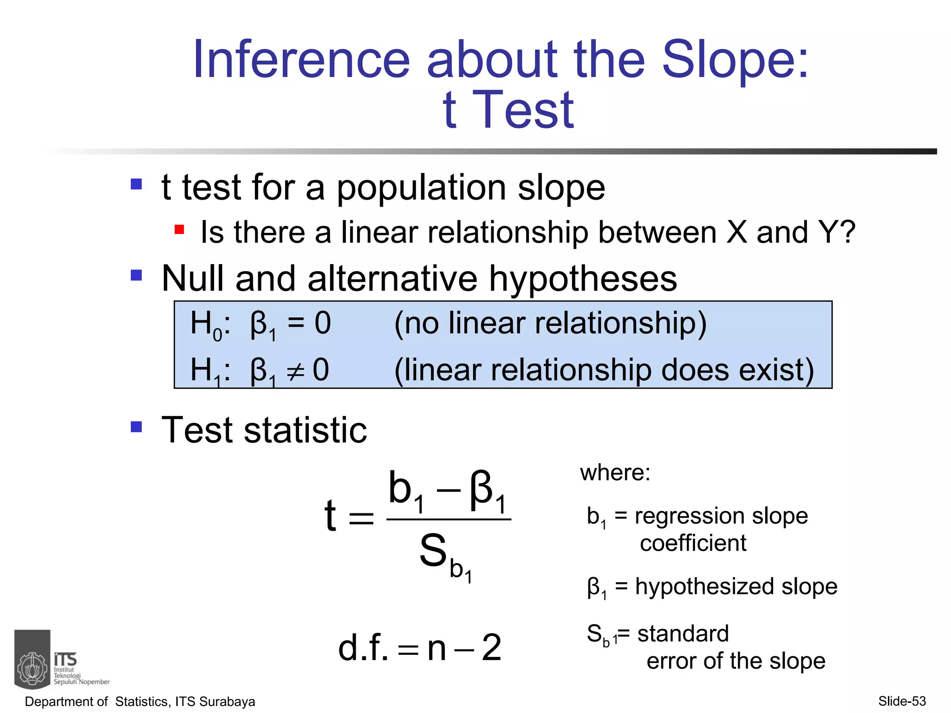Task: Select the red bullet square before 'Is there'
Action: point(179,229)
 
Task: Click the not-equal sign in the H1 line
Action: point(295,371)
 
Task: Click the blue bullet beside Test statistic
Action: point(136,427)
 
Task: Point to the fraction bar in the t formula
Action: point(449,519)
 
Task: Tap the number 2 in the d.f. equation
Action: point(491,648)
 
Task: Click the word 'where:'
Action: point(615,473)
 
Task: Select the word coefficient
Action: point(693,543)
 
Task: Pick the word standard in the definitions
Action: point(683,634)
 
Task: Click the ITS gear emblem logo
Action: point(33,668)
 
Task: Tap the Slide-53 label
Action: point(902,701)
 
